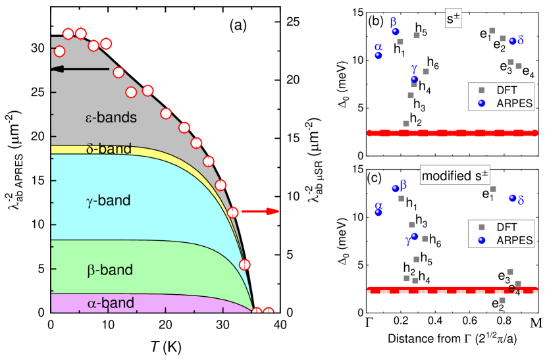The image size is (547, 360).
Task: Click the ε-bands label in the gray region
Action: [111, 118]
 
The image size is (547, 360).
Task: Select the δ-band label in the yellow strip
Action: [109, 149]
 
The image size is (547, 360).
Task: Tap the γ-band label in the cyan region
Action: [109, 201]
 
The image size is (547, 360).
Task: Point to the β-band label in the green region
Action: [110, 270]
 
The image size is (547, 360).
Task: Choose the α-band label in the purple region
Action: [111, 303]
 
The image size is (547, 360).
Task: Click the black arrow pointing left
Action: [80, 68]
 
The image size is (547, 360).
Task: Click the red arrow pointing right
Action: [261, 211]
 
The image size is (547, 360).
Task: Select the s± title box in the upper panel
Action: [454, 20]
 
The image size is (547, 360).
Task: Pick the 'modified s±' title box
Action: [455, 176]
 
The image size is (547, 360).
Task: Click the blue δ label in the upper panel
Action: [521, 41]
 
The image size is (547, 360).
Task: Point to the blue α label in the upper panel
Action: [378, 47]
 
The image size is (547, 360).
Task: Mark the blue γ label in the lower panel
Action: [408, 241]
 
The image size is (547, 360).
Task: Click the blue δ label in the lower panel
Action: [521, 200]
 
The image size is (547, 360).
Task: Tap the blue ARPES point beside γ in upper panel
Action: [414, 79]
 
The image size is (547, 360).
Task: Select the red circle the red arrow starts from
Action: [232, 212]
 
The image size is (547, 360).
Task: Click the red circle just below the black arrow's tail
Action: [118, 72]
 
